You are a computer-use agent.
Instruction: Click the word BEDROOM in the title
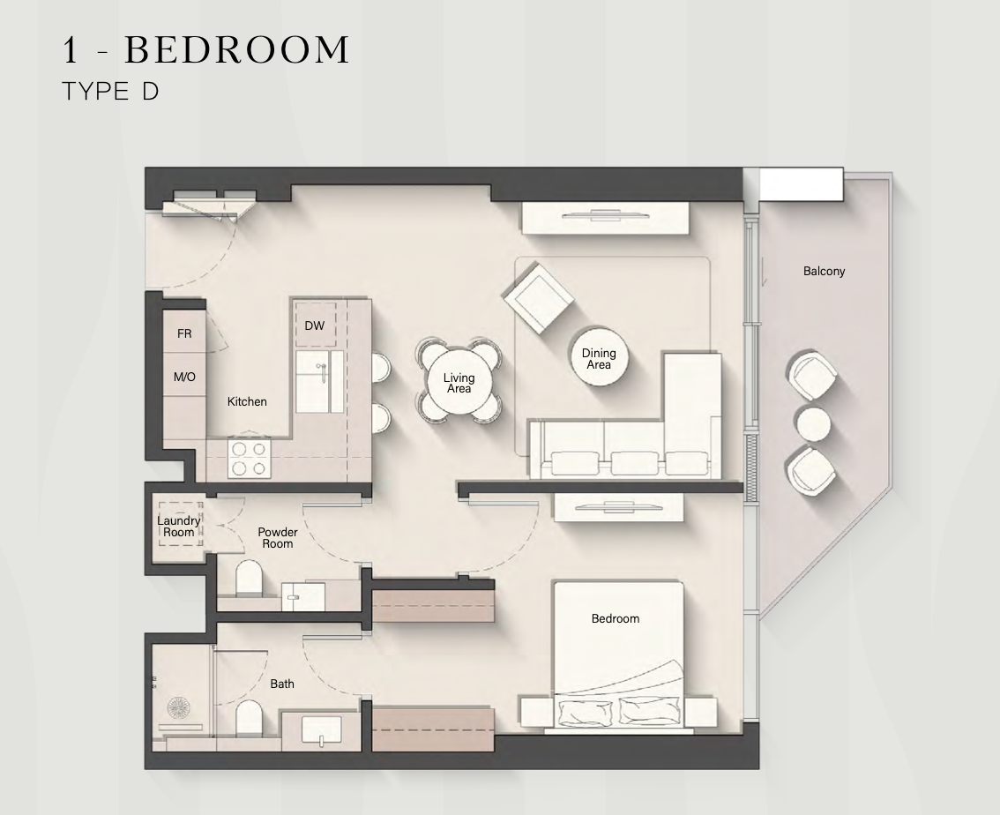point(236,49)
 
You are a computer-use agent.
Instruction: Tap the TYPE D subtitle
point(110,91)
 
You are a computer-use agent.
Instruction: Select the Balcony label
point(824,271)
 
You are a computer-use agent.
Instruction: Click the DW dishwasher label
point(315,325)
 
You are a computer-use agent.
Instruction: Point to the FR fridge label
point(184,333)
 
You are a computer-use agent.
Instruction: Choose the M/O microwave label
point(184,377)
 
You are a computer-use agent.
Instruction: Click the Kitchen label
point(247,401)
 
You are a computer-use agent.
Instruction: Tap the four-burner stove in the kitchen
point(250,460)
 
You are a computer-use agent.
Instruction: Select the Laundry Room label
point(178,527)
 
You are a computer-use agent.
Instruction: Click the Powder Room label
point(278,537)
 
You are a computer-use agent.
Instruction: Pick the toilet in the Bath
point(249,718)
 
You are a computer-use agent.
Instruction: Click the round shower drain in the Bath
point(178,707)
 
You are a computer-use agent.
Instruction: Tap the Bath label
point(282,684)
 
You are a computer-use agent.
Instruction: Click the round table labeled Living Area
point(459,383)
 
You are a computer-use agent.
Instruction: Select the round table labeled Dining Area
point(599,358)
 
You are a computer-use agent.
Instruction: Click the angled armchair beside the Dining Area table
point(538,298)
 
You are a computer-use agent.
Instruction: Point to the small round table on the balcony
point(813,423)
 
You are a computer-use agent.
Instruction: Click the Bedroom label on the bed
point(615,618)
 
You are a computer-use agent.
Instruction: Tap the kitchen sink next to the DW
point(319,381)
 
